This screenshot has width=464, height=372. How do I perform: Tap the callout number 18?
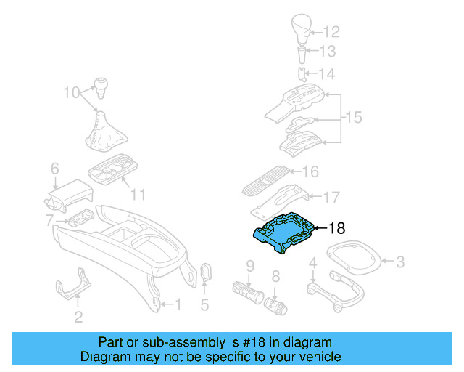337,228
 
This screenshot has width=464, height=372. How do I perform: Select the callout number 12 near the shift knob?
331,32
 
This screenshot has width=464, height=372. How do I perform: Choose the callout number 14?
328,74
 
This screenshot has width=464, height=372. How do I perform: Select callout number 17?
331,196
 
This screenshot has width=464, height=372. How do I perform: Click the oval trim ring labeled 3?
355,258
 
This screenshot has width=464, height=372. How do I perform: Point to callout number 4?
313,262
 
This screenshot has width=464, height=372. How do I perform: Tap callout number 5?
204,305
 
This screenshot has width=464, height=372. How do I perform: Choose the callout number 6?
54,169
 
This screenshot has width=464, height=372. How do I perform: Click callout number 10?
70,93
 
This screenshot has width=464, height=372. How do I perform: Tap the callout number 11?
138,194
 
